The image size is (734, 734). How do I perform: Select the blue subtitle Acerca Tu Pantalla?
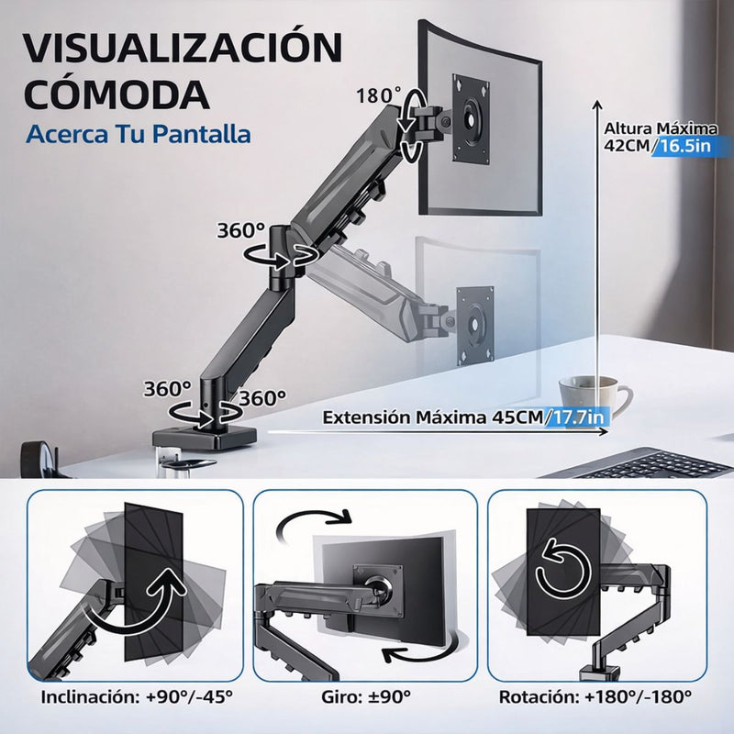coord(138,134)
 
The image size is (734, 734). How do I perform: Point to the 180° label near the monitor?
coord(380,95)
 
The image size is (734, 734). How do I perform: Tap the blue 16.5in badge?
coord(689,146)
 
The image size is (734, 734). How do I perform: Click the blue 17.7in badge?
coord(576,417)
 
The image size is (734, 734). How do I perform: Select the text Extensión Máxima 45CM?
coord(431,417)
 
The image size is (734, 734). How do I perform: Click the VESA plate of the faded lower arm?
coord(475,317)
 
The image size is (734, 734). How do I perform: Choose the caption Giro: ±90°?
coord(366,695)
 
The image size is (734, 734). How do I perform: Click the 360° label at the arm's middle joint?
coord(240,230)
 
